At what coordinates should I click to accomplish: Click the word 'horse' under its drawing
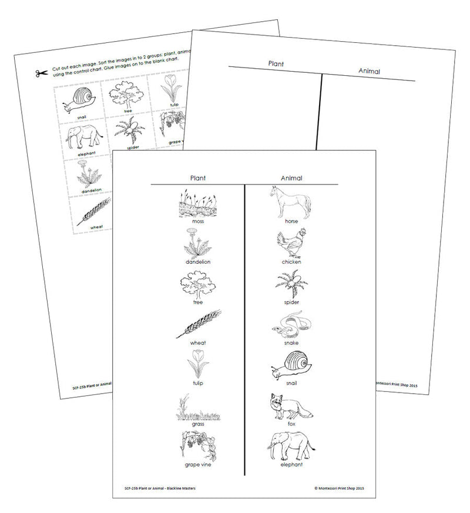(291, 222)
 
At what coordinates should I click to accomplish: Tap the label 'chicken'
(291, 262)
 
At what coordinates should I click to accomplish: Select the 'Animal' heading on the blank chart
(369, 71)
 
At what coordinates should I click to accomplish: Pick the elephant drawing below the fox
(291, 447)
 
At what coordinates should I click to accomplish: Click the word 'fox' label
(291, 424)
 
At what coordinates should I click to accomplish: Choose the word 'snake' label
(291, 343)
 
